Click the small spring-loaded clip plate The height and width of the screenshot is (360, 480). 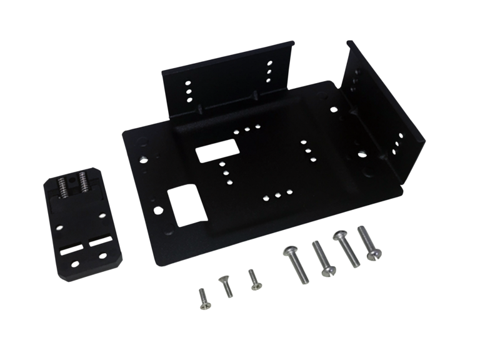(x=81, y=225)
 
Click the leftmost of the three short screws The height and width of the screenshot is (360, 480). (x=202, y=299)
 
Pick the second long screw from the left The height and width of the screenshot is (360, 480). (x=322, y=257)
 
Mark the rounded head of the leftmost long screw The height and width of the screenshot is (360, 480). (x=289, y=251)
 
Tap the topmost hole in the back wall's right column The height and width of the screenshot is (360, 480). (x=270, y=63)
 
